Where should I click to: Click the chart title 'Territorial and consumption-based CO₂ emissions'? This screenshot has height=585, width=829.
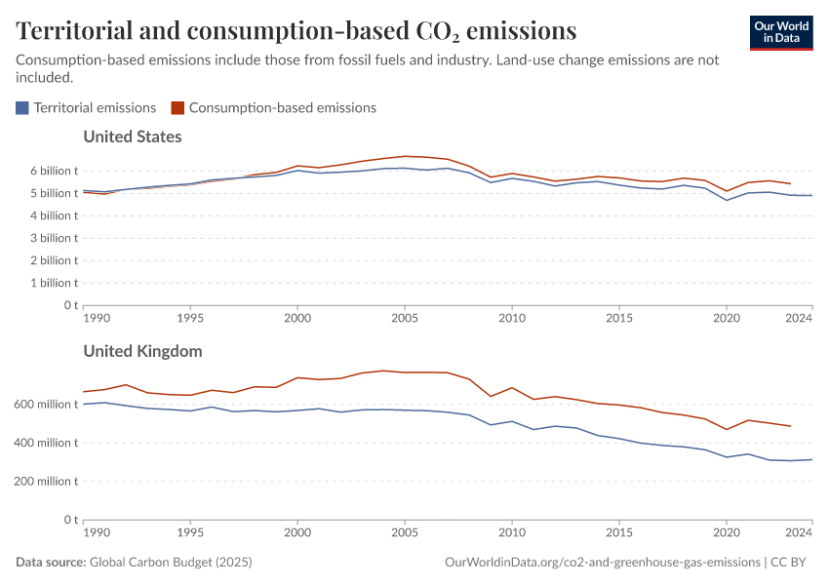296,31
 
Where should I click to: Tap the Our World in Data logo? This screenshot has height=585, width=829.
780,31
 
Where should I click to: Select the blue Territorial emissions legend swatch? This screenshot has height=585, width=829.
22,108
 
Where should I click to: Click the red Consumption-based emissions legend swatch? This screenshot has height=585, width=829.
177,108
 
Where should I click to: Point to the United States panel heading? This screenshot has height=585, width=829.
133,136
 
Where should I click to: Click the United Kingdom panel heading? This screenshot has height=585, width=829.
142,351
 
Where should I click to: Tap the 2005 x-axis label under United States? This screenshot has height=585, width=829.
405,318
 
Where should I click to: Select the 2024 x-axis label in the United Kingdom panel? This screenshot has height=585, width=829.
799,532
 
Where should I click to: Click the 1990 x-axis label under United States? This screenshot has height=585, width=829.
96,318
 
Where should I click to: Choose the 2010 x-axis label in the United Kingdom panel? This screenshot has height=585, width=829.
512,532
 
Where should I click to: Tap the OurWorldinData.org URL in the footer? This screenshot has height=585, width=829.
602,563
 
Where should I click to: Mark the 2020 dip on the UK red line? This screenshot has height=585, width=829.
727,429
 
